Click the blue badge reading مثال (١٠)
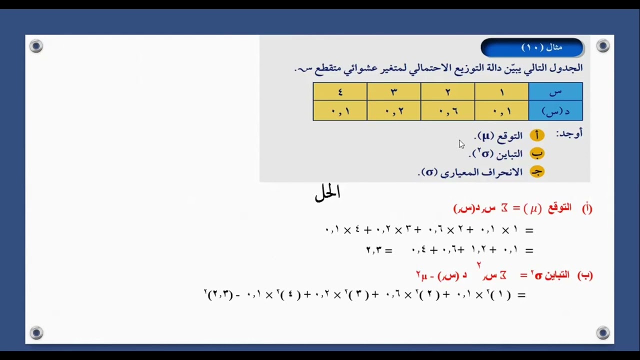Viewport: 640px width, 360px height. click(532, 47)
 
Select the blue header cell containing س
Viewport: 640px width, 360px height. click(555, 91)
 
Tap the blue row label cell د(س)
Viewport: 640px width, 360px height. click(555, 111)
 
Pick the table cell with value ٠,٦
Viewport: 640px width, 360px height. click(447, 111)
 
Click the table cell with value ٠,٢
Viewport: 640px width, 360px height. click(393, 111)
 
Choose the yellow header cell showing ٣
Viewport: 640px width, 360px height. click(393, 91)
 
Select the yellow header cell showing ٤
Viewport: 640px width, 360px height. click(340, 91)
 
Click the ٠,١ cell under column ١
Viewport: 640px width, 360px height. click(501, 111)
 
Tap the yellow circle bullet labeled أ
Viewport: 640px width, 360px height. click(537, 135)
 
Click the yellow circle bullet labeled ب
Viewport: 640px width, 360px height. click(537, 153)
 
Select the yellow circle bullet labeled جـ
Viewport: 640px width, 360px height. click(537, 172)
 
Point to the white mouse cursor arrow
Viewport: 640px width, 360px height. click(461, 144)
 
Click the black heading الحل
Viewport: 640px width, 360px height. click(327, 193)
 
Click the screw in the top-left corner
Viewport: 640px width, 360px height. click(36, 46)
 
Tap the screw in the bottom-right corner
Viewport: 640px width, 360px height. click(603, 332)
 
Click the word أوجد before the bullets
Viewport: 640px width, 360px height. click(569, 134)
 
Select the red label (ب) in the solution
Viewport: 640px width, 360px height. click(585, 275)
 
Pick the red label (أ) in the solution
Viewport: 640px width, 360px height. click(586, 208)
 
